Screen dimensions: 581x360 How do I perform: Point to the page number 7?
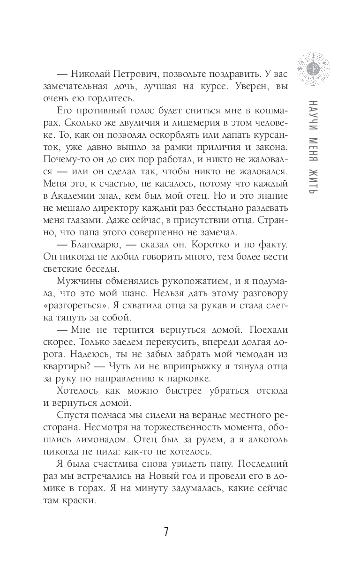tap(166, 532)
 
